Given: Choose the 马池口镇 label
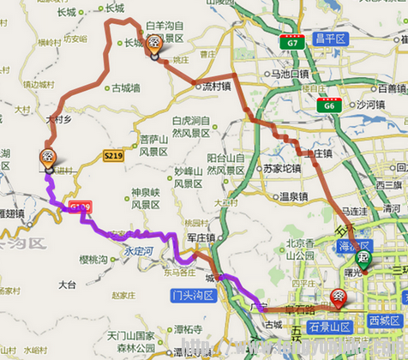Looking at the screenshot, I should click(289, 75).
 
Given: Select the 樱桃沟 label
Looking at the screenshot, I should click(94, 259).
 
